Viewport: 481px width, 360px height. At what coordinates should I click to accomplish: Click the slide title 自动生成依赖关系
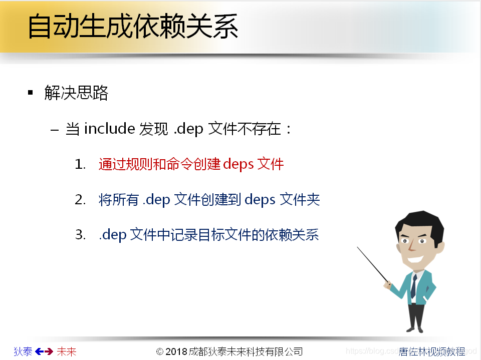tap(132, 26)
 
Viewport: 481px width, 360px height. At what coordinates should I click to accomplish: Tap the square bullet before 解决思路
tap(31, 93)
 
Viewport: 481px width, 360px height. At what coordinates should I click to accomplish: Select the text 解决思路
tap(76, 93)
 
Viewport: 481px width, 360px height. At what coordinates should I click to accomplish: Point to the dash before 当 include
tap(55, 130)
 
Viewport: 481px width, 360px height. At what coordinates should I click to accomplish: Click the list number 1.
tap(80, 165)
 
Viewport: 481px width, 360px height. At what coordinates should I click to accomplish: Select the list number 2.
tap(80, 200)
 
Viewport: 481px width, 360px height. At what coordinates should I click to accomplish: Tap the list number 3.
tap(80, 235)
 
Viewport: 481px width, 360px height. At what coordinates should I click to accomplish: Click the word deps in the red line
tap(238, 165)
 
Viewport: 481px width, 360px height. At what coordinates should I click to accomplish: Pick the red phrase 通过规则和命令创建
tap(160, 164)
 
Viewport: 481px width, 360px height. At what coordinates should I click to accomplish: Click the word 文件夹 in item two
tap(300, 200)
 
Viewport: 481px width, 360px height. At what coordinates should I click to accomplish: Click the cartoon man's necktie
tap(413, 285)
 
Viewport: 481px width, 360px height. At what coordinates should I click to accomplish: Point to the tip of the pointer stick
tap(358, 247)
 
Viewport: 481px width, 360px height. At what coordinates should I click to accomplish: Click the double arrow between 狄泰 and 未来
tap(44, 351)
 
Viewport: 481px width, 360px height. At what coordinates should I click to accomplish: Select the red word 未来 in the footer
tap(66, 351)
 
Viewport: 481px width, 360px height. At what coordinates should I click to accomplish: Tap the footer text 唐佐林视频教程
tap(432, 351)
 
